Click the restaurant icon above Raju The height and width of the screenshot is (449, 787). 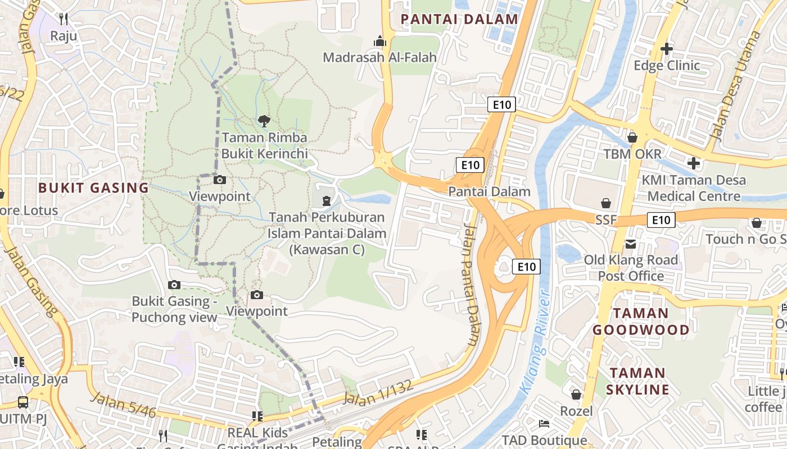(64, 19)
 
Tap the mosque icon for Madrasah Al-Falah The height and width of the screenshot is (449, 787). (380, 42)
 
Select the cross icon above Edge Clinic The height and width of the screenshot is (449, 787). (667, 49)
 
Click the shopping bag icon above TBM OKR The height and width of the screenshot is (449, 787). (632, 138)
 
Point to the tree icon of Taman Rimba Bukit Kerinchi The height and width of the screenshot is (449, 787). (264, 120)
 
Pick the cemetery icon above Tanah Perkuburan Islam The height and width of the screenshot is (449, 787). (326, 200)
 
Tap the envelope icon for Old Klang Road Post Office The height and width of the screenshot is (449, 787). (631, 244)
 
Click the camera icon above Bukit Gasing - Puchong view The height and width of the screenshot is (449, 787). (174, 285)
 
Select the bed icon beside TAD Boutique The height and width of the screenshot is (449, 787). (544, 423)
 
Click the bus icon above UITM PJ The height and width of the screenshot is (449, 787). (23, 402)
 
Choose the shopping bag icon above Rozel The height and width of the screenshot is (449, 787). (576, 395)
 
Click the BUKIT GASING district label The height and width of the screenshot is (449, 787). (93, 188)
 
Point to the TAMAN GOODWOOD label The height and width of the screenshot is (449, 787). (641, 322)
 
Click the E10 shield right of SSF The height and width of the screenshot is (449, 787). (661, 220)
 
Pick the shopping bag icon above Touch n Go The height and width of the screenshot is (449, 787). (757, 223)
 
